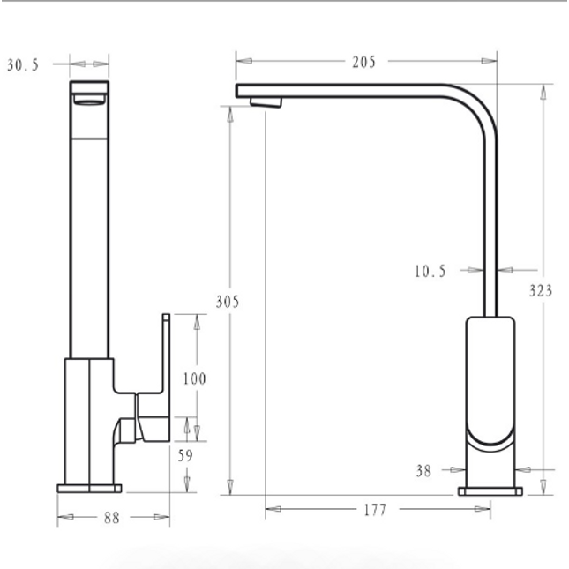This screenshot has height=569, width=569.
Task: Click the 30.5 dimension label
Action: pos(23,65)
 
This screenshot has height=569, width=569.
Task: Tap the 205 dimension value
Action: pos(364,62)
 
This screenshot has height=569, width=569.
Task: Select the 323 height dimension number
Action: pos(541,290)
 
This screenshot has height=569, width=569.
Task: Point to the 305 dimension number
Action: pos(228,302)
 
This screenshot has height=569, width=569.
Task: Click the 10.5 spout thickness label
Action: pos(430,271)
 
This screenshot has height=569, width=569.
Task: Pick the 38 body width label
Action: pos(423,471)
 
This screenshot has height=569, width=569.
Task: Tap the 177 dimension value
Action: pos(375,510)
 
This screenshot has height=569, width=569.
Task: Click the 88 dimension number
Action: pos(112,518)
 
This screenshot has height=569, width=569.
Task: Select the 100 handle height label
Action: pos(194,378)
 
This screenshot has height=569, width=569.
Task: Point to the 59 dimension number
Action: pos(185,456)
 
